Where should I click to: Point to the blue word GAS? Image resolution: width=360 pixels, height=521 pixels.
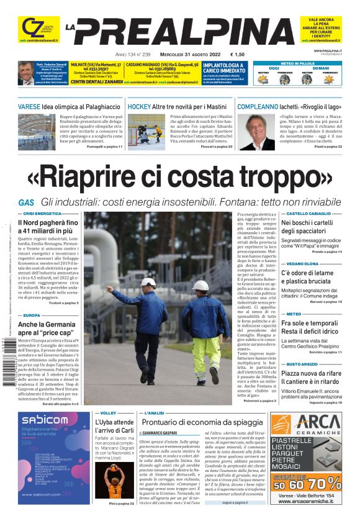tap(26, 202)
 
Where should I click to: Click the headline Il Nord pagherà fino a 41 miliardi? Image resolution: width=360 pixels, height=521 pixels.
tap(48, 227)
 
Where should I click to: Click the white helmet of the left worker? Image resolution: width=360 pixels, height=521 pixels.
tap(148, 282)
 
